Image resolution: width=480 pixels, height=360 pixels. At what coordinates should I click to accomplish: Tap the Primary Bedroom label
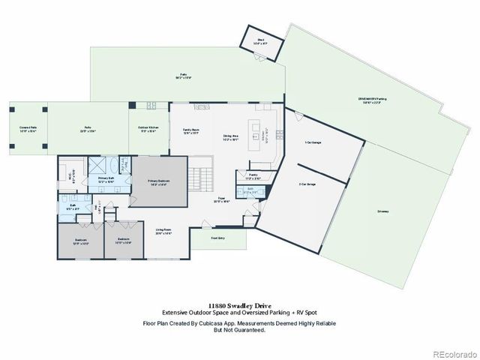click(157, 182)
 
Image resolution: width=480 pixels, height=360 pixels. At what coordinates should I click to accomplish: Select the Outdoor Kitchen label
click(147, 130)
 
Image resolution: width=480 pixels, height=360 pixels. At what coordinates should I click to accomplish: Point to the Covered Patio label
click(28, 129)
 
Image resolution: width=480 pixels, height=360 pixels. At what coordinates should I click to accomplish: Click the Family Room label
click(190, 130)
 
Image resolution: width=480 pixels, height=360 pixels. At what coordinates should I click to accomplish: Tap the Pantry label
click(253, 178)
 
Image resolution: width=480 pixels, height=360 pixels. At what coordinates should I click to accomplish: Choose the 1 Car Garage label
click(313, 142)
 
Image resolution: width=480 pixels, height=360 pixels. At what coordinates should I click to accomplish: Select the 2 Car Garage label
click(307, 184)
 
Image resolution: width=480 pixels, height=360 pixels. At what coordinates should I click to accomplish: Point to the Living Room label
click(163, 231)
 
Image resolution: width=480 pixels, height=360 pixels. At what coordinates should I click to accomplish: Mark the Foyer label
click(222, 200)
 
